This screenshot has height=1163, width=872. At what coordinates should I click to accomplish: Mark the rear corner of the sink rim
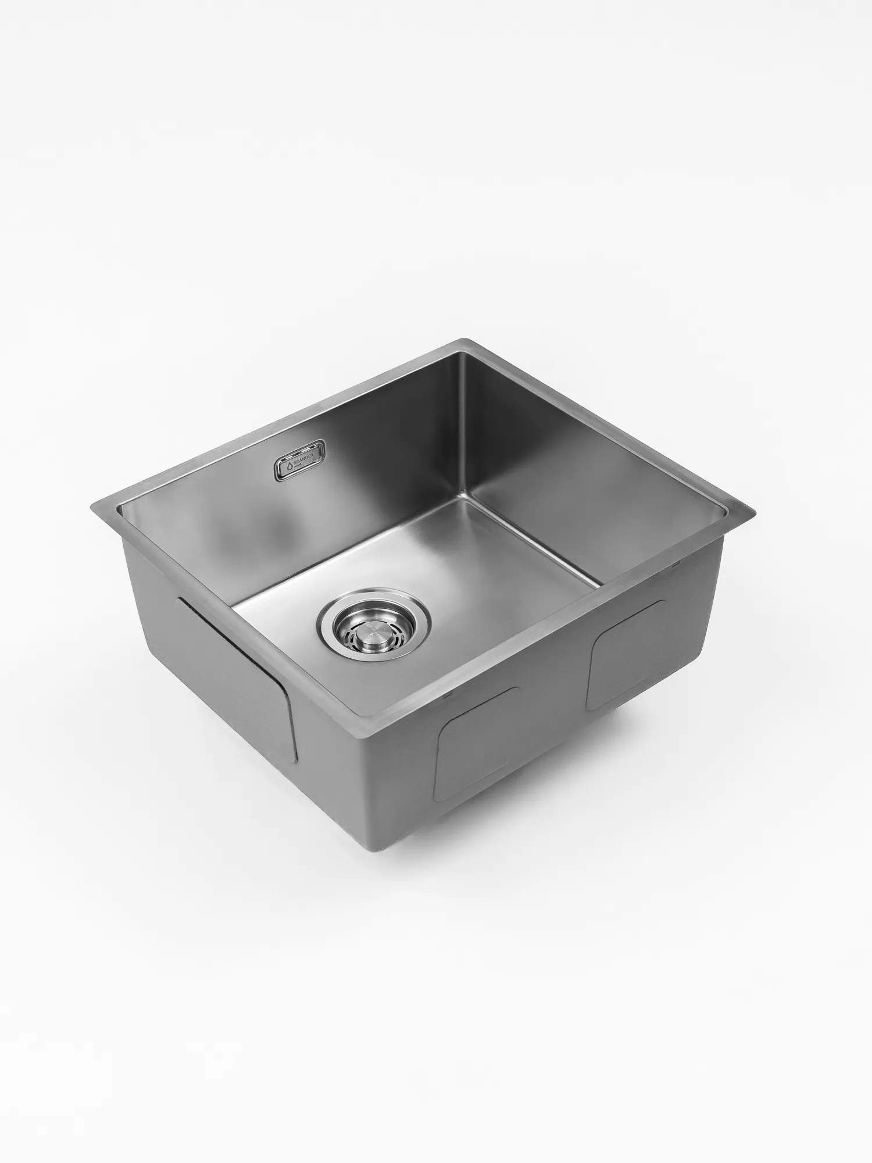463,340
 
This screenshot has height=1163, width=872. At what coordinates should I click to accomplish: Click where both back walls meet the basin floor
462,498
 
